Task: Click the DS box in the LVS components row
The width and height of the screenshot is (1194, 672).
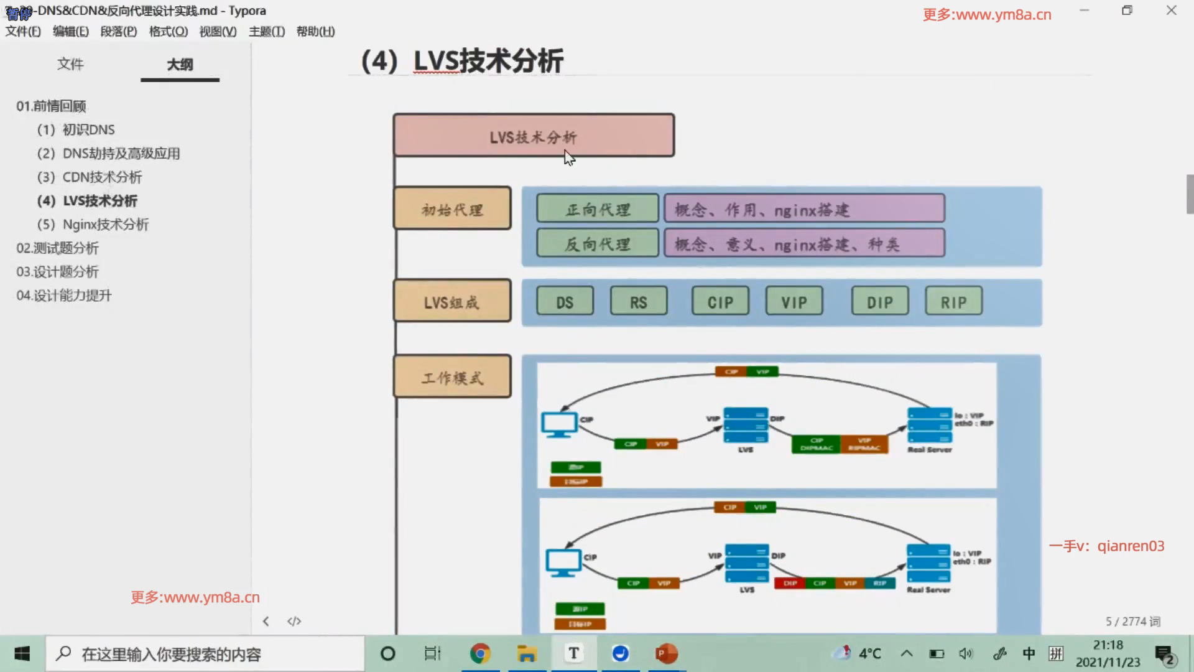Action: click(565, 302)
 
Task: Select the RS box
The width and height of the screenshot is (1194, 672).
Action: click(639, 302)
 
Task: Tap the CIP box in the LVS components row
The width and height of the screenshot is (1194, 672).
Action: click(720, 302)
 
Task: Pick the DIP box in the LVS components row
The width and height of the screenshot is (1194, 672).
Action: click(880, 302)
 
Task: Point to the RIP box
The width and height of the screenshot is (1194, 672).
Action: click(953, 302)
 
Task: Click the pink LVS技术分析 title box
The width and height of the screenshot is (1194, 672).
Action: click(534, 135)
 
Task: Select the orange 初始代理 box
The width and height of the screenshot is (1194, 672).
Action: click(452, 208)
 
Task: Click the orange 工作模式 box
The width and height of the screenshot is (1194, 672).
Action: click(452, 376)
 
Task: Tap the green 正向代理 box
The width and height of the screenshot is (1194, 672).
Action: click(597, 208)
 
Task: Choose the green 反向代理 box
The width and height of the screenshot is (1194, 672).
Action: click(597, 243)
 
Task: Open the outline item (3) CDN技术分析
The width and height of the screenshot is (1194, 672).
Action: click(90, 177)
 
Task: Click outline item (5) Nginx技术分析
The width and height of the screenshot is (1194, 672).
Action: click(93, 225)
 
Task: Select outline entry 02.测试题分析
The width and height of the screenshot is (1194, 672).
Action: click(57, 248)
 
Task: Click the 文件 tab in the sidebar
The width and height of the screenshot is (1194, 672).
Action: click(70, 64)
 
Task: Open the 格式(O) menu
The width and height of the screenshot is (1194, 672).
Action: click(168, 31)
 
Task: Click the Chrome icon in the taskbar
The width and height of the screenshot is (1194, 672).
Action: click(480, 653)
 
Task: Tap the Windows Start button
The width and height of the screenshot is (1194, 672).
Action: click(22, 653)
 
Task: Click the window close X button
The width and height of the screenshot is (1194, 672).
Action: click(1171, 11)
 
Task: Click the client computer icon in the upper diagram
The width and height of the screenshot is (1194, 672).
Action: click(558, 425)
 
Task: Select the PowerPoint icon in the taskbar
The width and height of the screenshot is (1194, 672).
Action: click(666, 653)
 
